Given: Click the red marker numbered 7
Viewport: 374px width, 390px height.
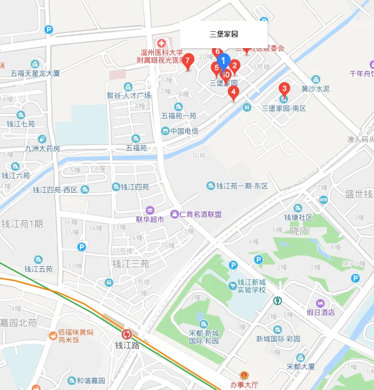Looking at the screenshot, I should [188, 61].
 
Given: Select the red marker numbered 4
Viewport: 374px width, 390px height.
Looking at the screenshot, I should [233, 92].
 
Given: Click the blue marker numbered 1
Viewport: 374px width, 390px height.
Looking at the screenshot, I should [222, 60].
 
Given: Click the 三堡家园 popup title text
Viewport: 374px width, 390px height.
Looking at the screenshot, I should [224, 34].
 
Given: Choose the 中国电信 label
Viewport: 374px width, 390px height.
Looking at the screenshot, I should [184, 131].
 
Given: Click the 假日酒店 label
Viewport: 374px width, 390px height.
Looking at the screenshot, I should [321, 312].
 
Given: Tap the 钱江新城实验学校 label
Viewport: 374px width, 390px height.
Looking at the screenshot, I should [251, 286].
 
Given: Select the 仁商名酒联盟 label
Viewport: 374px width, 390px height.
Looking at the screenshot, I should [200, 214].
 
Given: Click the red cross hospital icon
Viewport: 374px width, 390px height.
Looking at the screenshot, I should [162, 43].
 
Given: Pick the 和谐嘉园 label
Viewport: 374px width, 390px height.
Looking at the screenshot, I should [90, 381].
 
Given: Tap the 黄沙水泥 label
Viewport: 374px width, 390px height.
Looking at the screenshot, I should [315, 88].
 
